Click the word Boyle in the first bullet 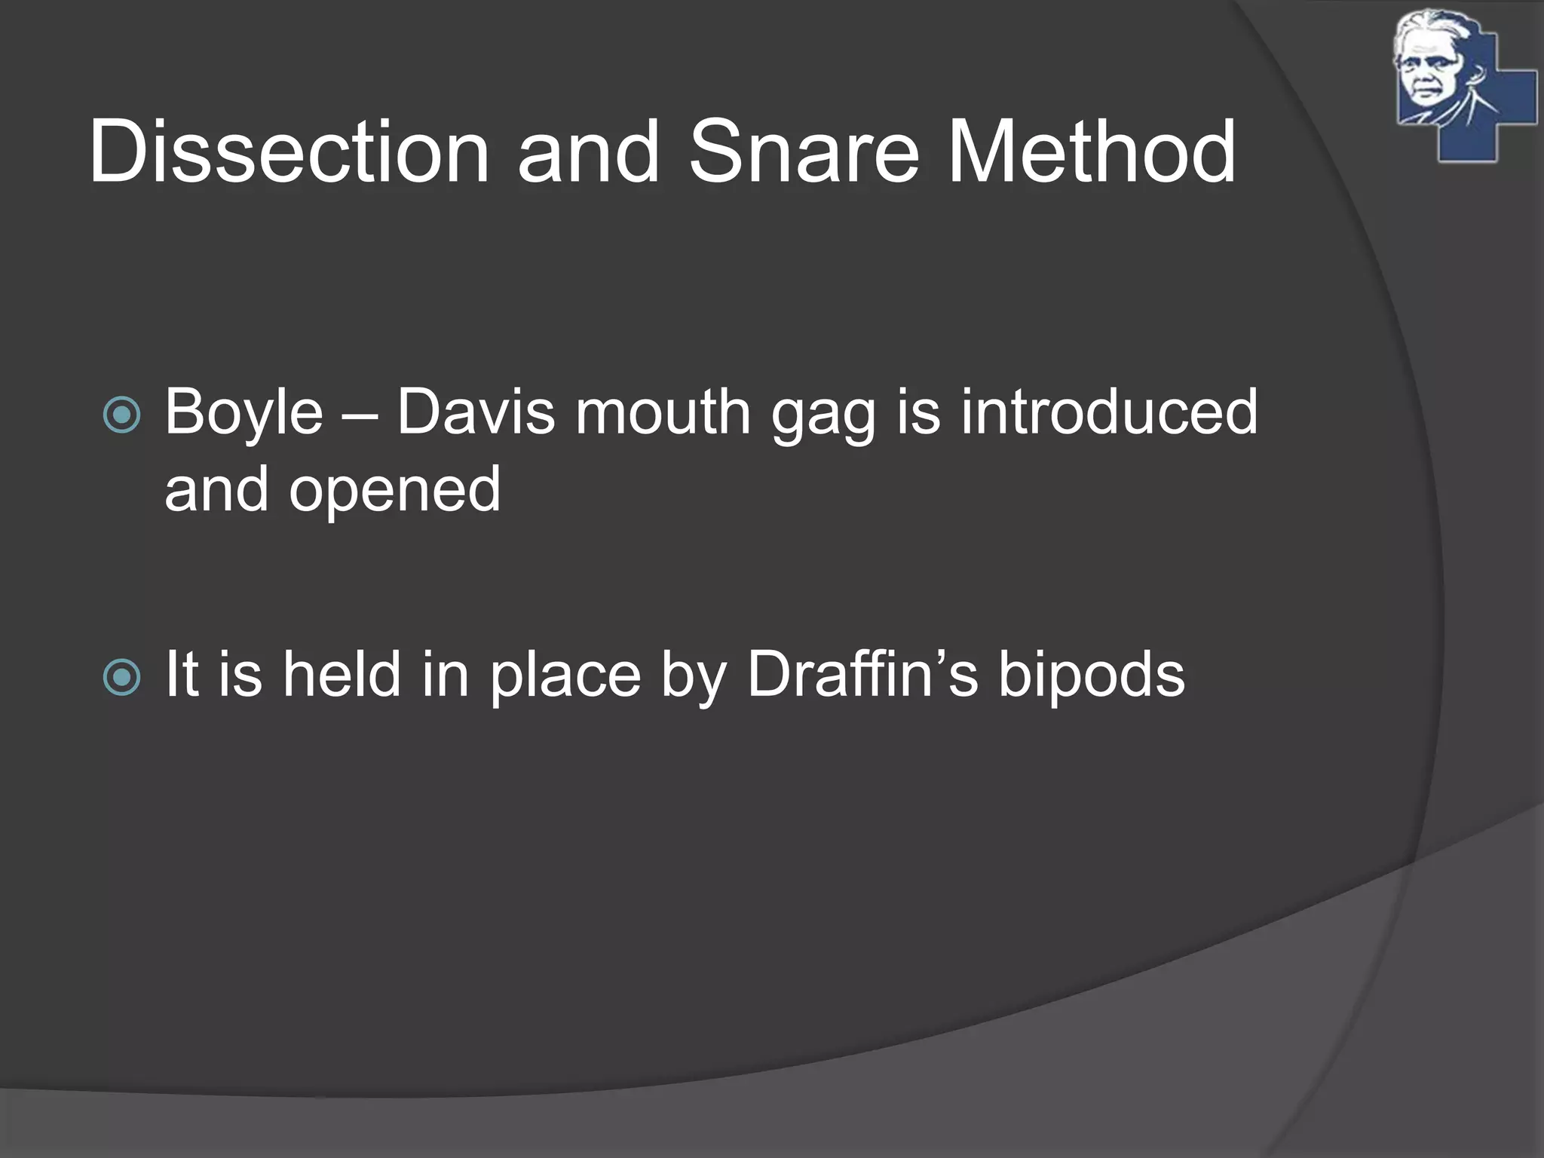[244, 413]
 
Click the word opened [395, 490]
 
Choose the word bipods [1092, 675]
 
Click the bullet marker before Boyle [121, 414]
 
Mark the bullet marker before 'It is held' [121, 676]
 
